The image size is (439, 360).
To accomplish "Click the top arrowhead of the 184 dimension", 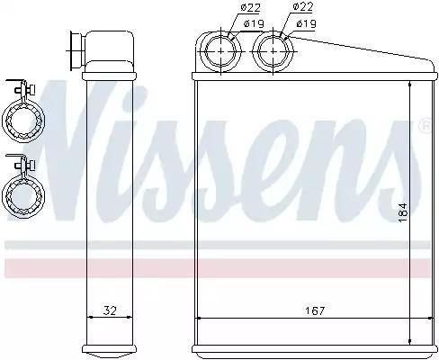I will (x=409, y=83).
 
